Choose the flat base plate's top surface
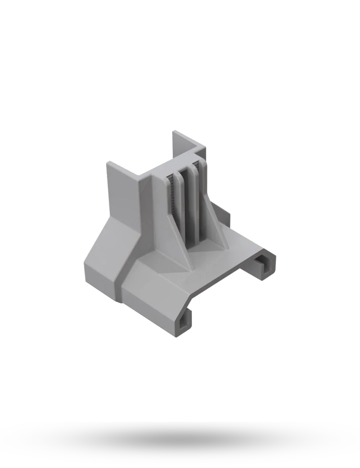pyautogui.click(x=223, y=263)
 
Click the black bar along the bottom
pyautogui.click(x=180, y=445)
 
